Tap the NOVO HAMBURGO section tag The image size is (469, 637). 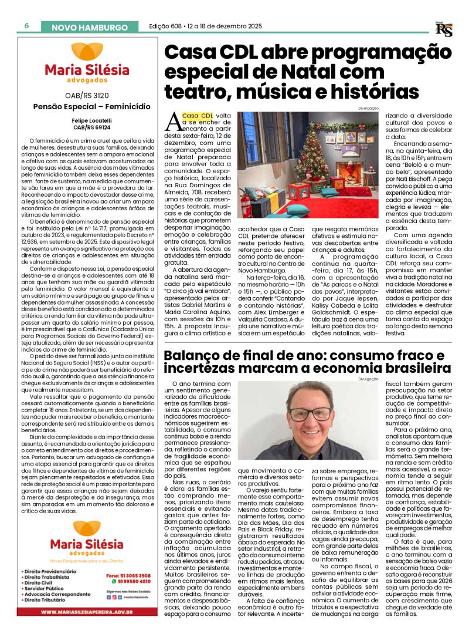[x=90, y=28]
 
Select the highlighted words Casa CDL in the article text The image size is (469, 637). [x=198, y=116]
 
